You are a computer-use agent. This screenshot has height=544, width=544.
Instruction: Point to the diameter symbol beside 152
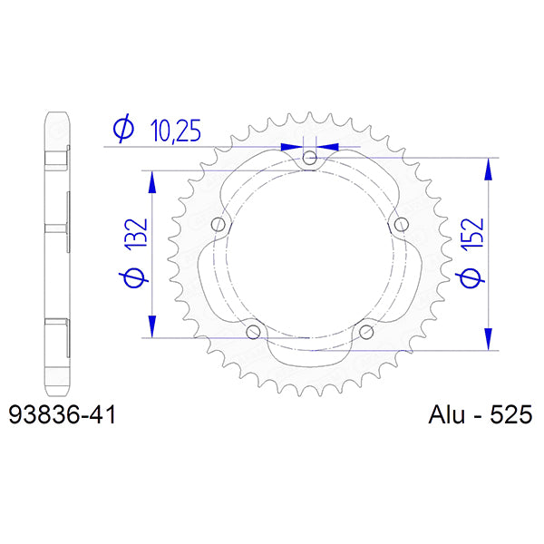[x=471, y=277]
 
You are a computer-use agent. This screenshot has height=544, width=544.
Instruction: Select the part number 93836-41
[x=62, y=415]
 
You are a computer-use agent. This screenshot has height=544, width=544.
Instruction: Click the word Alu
[x=448, y=415]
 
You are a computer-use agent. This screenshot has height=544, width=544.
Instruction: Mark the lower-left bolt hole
[x=253, y=333]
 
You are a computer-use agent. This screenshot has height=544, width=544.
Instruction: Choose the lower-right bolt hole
[x=366, y=333]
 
